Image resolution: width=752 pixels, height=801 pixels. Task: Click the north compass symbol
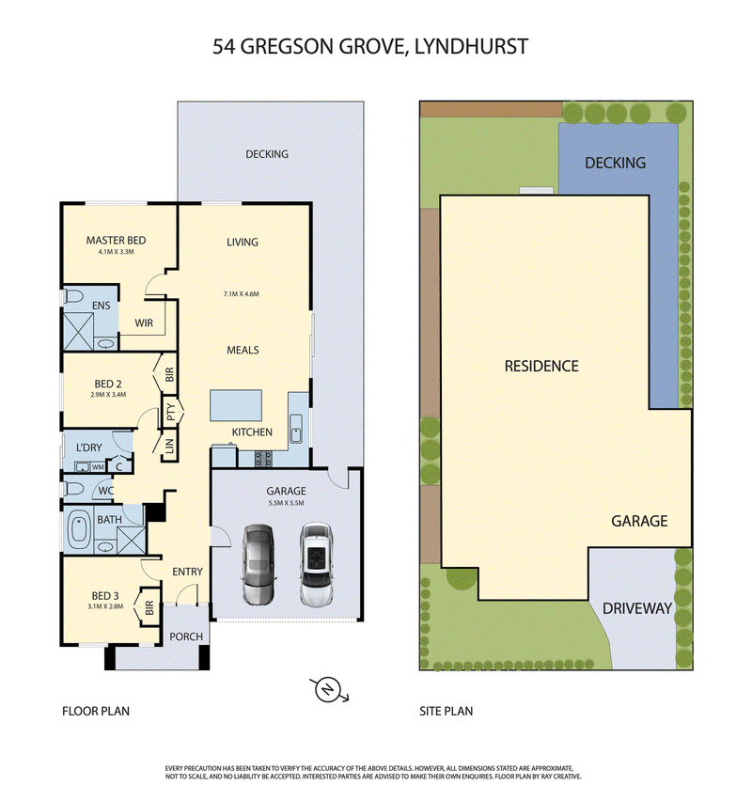[x=328, y=690]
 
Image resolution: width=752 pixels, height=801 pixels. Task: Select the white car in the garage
[x=317, y=564]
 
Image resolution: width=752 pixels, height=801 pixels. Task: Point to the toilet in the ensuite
[x=72, y=296]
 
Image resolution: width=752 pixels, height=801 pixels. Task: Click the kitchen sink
[x=296, y=428]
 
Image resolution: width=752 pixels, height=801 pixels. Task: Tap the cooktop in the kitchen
[x=263, y=458]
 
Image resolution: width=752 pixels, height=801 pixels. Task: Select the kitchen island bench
[x=236, y=405]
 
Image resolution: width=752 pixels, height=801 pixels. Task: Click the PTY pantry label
[x=171, y=411]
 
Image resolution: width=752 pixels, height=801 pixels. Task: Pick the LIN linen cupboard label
[x=169, y=446]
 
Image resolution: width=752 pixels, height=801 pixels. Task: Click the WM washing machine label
[x=98, y=467]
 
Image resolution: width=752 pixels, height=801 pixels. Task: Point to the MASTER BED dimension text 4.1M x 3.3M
[x=116, y=252]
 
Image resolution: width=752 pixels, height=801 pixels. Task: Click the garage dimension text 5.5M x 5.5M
[x=286, y=503]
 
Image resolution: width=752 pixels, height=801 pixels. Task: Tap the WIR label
[x=144, y=322]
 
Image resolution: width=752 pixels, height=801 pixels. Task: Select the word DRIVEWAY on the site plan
[x=637, y=608]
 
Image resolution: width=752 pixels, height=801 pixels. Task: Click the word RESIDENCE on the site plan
[x=541, y=367]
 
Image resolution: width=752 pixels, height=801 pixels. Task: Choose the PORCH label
[x=186, y=637]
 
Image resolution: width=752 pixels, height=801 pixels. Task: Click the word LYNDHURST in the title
[x=471, y=46]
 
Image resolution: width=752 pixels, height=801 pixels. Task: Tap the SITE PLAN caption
[x=446, y=711]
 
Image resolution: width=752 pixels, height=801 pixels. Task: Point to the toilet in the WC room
[x=73, y=489]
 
